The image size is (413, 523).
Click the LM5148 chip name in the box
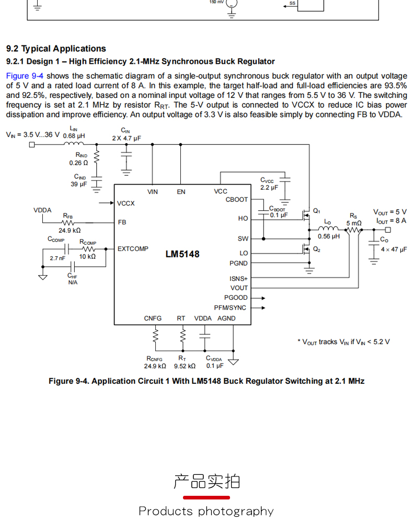[182, 254]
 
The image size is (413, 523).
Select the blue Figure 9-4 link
[25, 76]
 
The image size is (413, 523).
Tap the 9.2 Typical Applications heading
[56, 49]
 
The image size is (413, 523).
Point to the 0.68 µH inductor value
[74, 136]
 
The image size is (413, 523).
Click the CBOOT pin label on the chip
[237, 199]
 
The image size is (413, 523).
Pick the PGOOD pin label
[236, 298]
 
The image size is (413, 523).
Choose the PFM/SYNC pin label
[230, 308]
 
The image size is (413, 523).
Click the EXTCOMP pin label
[133, 249]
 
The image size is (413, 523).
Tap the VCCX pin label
[126, 203]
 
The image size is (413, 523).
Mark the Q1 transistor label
[316, 211]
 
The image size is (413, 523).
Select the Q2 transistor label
[316, 249]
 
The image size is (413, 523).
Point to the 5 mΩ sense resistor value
[354, 223]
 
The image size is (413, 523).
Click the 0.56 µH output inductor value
[329, 236]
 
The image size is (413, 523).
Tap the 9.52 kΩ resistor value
[185, 366]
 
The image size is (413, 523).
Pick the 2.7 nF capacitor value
[58, 258]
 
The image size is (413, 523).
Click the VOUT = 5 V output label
[389, 212]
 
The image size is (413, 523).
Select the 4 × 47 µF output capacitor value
[394, 249]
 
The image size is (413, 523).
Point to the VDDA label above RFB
[43, 210]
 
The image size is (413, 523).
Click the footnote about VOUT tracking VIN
[343, 342]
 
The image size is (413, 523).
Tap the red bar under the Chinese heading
[206, 497]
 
